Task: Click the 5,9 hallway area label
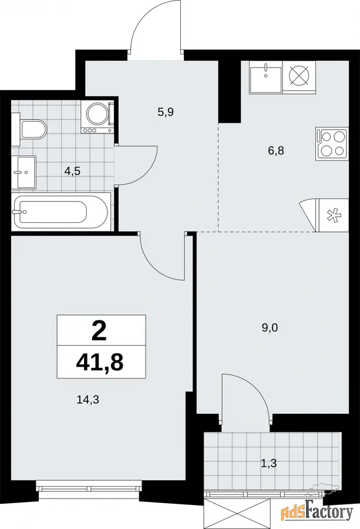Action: (166, 112)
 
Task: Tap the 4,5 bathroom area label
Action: (72, 171)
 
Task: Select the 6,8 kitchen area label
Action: (276, 150)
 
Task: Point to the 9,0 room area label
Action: (270, 327)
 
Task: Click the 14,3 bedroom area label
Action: (88, 400)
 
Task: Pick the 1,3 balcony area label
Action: (268, 463)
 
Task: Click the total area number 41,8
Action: (100, 362)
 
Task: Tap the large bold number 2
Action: (99, 331)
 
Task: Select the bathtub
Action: (61, 212)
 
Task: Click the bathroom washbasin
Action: (23, 172)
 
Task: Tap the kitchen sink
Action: (265, 77)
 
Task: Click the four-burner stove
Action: (332, 143)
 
